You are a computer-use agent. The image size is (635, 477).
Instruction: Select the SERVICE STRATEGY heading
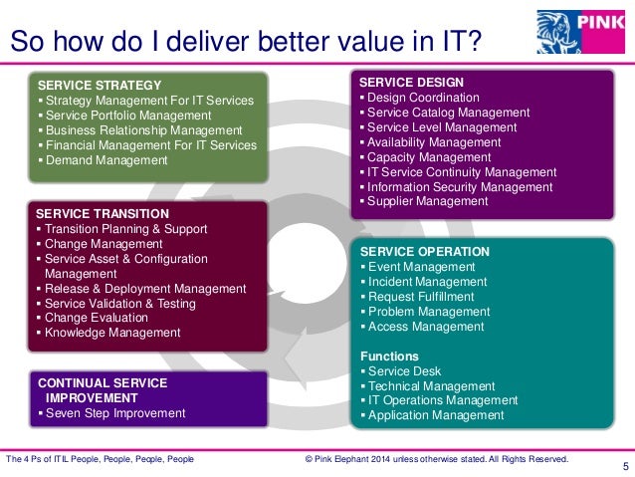point(99,85)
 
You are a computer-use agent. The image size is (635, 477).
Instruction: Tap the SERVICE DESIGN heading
point(410,82)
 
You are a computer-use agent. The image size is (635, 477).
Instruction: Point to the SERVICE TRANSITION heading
point(103,213)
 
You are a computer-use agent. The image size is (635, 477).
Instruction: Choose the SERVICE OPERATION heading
point(425,252)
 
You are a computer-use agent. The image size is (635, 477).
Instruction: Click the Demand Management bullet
point(106,159)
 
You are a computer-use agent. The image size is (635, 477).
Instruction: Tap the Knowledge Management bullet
point(111,333)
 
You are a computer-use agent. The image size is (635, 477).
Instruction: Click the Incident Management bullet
point(427,282)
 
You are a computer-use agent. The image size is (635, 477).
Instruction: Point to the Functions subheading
point(389,356)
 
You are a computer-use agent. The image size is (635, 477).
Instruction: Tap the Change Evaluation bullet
point(96,318)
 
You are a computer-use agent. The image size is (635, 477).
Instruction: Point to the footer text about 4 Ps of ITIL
point(100,459)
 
